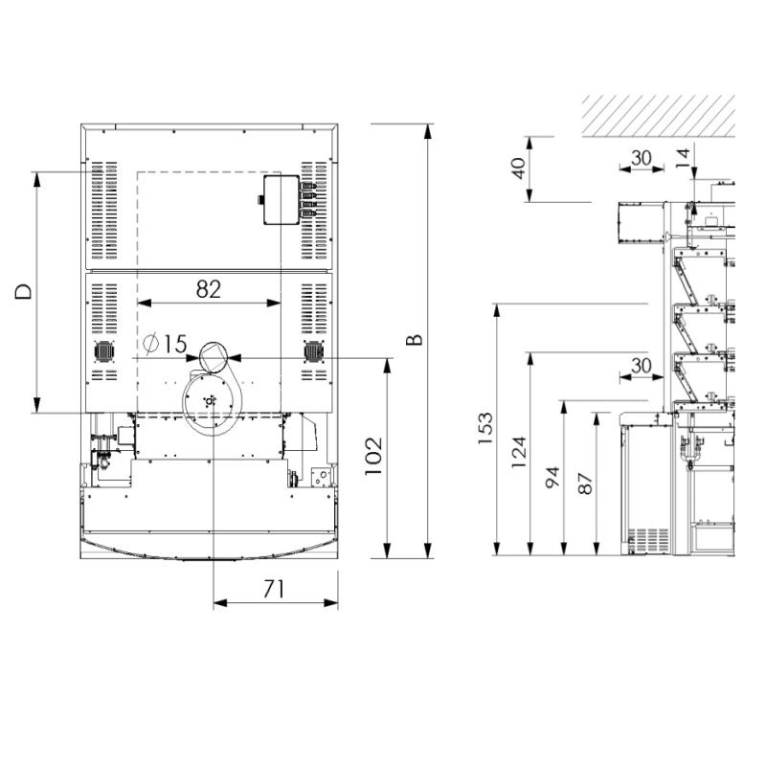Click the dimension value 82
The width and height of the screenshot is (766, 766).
[x=209, y=289]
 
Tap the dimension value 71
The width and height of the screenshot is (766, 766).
[x=274, y=589]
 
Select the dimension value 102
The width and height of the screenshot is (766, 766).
[x=373, y=456]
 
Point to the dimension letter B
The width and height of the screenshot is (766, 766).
[x=415, y=340]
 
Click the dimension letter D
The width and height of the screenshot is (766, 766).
[x=23, y=292]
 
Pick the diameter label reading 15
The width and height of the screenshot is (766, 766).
[x=175, y=344]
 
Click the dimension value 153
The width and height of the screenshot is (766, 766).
[x=485, y=428]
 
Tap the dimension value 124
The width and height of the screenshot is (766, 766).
[x=519, y=452]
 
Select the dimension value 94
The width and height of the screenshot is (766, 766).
[x=552, y=477]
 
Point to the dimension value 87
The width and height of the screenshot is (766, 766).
[x=585, y=484]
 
